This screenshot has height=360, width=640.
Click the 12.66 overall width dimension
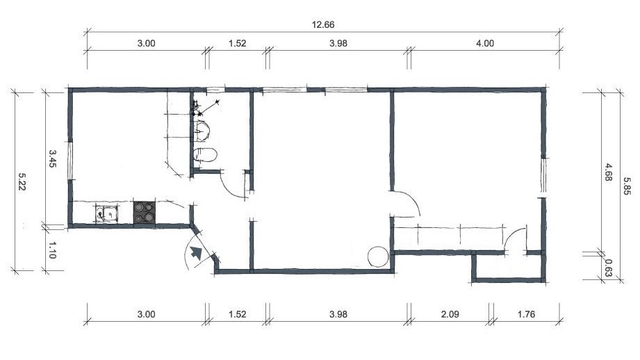tap(323, 24)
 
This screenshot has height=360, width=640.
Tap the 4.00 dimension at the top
tap(485, 43)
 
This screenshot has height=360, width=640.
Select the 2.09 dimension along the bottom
tap(450, 314)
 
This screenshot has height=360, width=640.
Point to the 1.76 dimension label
tap(526, 314)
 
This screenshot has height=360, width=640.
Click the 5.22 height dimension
tap(22, 181)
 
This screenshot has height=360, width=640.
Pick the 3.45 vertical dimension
tap(53, 158)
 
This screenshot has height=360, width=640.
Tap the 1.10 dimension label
tap(52, 249)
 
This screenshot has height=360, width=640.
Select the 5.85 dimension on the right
tap(627, 186)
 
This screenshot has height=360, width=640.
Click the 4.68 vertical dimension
tap(608, 172)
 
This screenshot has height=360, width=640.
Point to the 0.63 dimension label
tap(608, 268)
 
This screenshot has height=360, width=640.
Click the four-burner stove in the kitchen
tap(145, 212)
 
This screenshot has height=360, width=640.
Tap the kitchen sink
tap(106, 213)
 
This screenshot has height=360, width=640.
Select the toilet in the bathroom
tap(205, 155)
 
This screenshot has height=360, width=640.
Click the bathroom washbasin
tap(202, 131)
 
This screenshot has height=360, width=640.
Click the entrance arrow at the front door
tap(197, 253)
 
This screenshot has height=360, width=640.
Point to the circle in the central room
tap(378, 256)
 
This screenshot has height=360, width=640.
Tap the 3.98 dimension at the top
tap(338, 43)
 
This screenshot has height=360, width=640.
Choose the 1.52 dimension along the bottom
tap(237, 314)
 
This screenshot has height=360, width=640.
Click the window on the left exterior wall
tap(70, 159)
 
